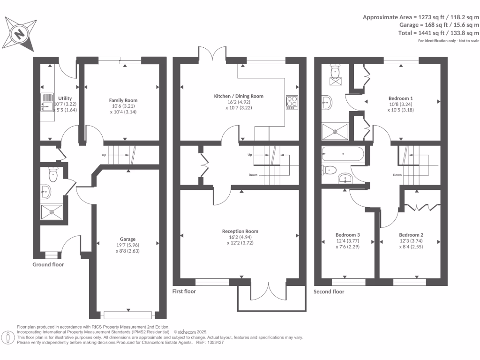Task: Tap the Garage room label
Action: (x=127, y=238)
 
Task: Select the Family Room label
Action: (x=123, y=100)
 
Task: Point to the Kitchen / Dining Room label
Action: (x=239, y=96)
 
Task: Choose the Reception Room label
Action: (x=240, y=231)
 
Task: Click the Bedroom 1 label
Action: (x=400, y=98)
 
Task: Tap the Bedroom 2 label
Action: (x=411, y=235)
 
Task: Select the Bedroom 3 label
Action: (x=348, y=235)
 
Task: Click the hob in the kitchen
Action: (x=292, y=102)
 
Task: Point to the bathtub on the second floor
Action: (x=344, y=154)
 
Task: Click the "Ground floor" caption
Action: (x=48, y=264)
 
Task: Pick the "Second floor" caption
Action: (x=329, y=292)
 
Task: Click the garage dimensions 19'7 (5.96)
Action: (x=127, y=245)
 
